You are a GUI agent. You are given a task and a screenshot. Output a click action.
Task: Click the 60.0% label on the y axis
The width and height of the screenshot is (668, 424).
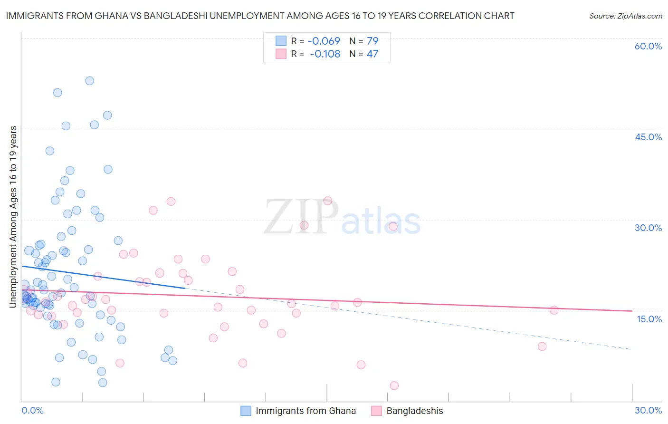(x=648, y=46)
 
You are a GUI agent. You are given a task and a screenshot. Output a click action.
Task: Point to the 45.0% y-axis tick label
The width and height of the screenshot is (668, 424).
(x=648, y=137)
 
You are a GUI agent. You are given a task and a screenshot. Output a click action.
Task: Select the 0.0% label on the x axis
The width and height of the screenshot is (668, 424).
(x=32, y=410)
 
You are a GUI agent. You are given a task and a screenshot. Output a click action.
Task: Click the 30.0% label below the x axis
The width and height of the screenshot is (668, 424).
(x=648, y=410)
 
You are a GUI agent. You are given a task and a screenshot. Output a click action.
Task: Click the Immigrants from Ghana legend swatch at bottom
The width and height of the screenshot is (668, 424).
(x=246, y=411)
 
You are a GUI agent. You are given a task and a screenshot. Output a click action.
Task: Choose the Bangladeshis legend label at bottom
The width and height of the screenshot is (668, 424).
(x=414, y=411)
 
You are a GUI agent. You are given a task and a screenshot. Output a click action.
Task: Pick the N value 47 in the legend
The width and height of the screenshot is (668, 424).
(x=372, y=54)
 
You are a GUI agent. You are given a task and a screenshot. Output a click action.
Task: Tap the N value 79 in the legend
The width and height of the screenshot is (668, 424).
(x=372, y=41)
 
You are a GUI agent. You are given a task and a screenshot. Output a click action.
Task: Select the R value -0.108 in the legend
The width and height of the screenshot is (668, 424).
(x=325, y=54)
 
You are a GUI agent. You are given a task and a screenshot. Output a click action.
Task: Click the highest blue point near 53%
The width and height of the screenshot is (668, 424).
(x=89, y=81)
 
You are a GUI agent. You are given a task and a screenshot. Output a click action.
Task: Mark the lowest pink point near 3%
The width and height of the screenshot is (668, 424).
(x=394, y=385)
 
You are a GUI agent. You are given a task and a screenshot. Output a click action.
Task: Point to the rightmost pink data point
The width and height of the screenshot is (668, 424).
(x=554, y=310)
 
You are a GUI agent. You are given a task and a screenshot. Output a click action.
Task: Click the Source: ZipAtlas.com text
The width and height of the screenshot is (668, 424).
(x=625, y=16)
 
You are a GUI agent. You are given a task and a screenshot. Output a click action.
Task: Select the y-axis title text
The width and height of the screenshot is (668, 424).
(x=13, y=216)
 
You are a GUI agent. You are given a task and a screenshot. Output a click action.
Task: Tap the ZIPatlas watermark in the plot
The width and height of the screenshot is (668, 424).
(x=342, y=217)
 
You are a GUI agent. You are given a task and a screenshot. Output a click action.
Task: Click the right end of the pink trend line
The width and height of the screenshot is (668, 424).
(x=632, y=311)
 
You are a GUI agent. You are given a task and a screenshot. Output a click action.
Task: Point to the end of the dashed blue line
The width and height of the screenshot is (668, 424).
(x=632, y=349)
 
